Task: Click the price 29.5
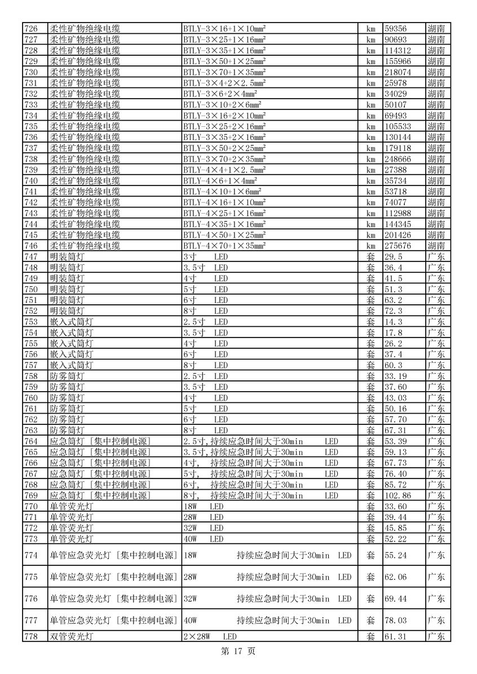click(394, 256)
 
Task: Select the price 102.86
click(397, 495)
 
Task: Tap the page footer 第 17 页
click(238, 651)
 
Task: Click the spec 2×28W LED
click(210, 637)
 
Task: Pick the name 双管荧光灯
click(72, 637)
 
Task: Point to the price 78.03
click(395, 620)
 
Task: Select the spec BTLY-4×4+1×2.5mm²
click(224, 170)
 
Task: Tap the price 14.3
click(394, 322)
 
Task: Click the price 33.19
click(395, 376)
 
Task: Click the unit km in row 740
click(370, 181)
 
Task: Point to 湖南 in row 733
click(436, 105)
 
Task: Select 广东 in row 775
click(436, 577)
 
